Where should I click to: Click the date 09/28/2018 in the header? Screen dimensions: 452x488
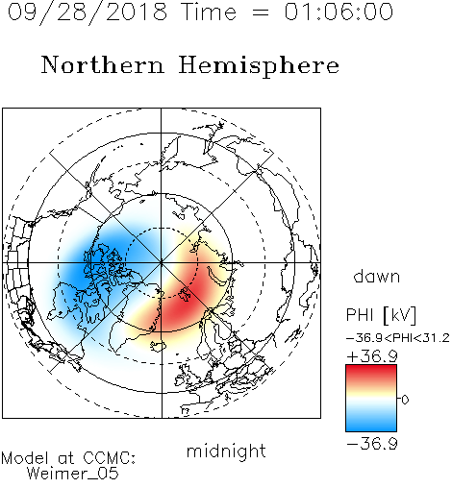click(x=88, y=12)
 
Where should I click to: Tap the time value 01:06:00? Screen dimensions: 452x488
click(x=339, y=12)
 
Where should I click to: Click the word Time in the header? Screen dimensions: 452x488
click(x=209, y=12)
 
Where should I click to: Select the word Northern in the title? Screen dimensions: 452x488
click(x=103, y=65)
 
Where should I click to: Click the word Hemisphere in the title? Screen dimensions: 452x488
click(x=259, y=66)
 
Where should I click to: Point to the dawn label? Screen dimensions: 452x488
click(x=377, y=276)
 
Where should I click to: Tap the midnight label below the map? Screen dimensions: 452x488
click(x=226, y=451)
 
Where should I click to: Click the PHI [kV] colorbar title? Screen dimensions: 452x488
click(x=381, y=315)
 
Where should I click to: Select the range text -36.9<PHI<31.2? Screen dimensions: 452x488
click(x=398, y=338)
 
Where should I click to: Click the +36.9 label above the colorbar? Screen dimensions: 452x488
click(x=372, y=356)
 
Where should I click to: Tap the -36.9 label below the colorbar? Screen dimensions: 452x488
click(x=372, y=444)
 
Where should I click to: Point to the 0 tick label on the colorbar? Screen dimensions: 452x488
click(x=405, y=400)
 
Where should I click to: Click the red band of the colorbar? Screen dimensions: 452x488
click(x=371, y=372)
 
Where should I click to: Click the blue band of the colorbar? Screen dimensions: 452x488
click(x=371, y=424)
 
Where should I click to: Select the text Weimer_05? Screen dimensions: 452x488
click(x=73, y=474)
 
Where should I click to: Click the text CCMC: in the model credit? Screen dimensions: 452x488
click(x=109, y=458)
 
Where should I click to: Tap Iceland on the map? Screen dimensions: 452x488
click(x=158, y=345)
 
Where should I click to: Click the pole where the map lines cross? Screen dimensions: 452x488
click(x=162, y=262)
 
